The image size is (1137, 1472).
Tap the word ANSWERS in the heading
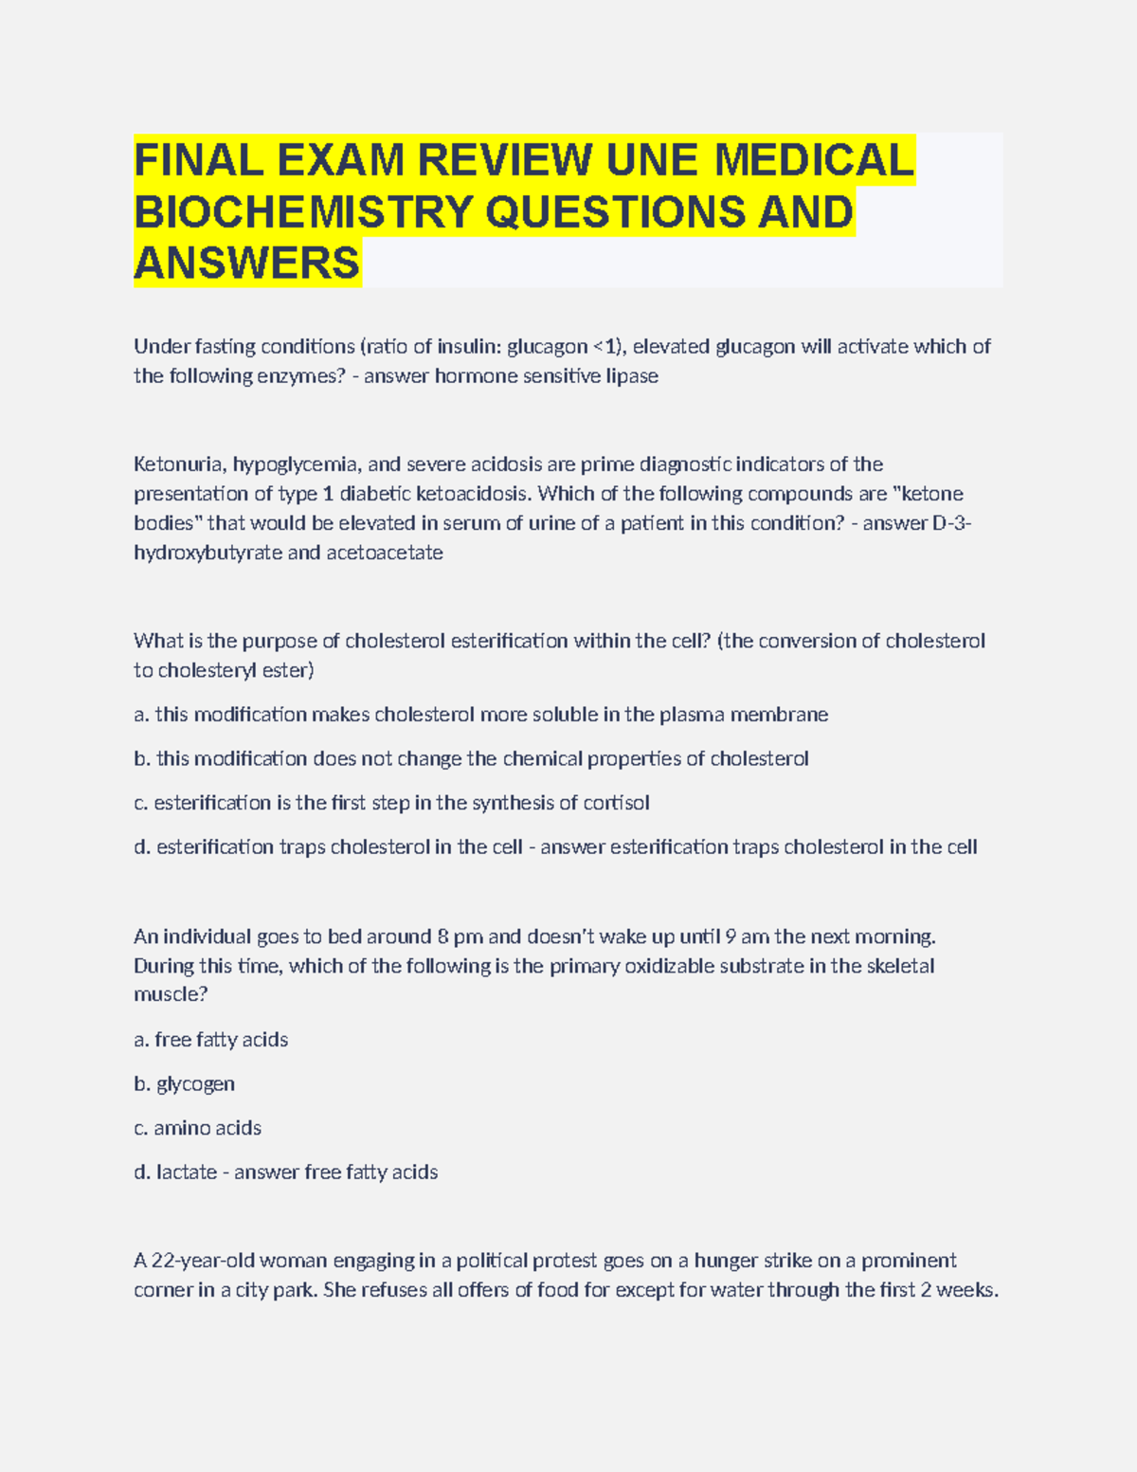pyautogui.click(x=247, y=263)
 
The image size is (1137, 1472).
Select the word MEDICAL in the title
pyautogui.click(x=814, y=159)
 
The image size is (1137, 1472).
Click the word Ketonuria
pyautogui.click(x=178, y=464)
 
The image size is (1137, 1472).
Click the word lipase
pyautogui.click(x=632, y=376)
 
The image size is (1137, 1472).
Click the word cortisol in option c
pyautogui.click(x=616, y=803)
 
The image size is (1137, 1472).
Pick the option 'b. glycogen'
pyautogui.click(x=185, y=1084)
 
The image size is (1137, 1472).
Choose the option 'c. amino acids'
pyautogui.click(x=198, y=1128)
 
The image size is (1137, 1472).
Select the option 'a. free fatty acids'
pyautogui.click(x=211, y=1040)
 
